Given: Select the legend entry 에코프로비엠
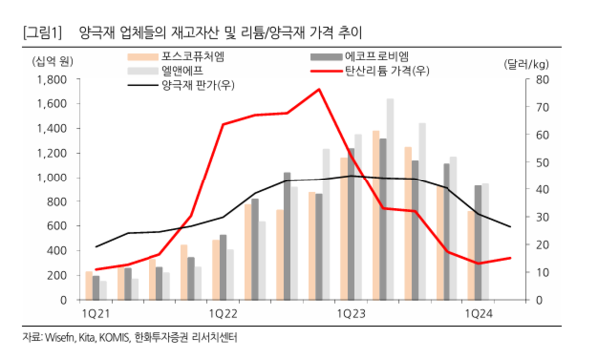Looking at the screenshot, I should pyautogui.click(x=375, y=56).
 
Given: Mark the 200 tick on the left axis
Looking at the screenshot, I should pyautogui.click(x=56, y=275).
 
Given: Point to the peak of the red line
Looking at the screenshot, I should pyautogui.click(x=319, y=89).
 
